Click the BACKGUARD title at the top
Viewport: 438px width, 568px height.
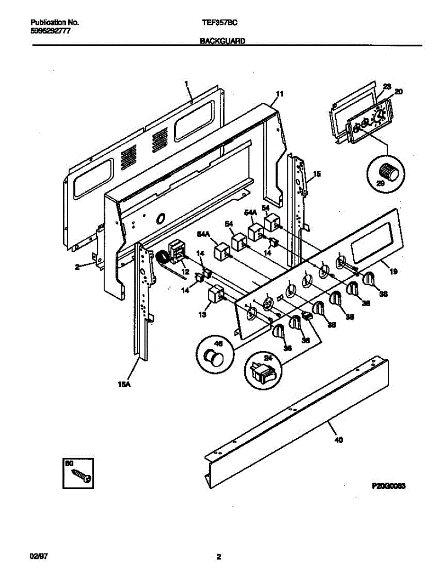222,41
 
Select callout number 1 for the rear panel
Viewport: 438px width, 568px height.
187,83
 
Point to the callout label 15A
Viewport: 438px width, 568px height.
124,385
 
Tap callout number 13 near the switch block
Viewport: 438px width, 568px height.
203,314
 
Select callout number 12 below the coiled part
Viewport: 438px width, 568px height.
186,272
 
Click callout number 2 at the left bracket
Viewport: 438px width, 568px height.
77,266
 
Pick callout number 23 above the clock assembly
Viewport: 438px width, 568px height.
387,87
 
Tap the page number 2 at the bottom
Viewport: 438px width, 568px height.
219,557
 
